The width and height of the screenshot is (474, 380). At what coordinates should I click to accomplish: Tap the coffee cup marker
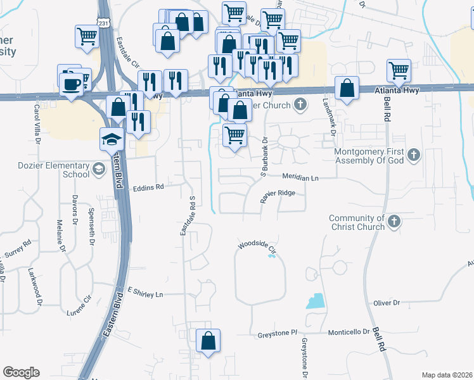[71, 83]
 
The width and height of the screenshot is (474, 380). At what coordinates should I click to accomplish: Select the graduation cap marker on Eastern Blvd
[112, 139]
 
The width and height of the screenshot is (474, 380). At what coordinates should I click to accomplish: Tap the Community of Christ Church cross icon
[394, 221]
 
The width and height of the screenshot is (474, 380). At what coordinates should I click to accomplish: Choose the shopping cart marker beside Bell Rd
[399, 70]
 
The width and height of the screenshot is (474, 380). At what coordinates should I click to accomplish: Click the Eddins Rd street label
[148, 187]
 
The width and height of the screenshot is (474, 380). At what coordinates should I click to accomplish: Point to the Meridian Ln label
[300, 179]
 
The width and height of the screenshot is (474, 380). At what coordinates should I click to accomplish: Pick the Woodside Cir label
[257, 248]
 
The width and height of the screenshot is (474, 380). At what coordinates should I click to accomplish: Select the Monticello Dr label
[349, 332]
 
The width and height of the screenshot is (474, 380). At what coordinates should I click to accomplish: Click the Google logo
[21, 372]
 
